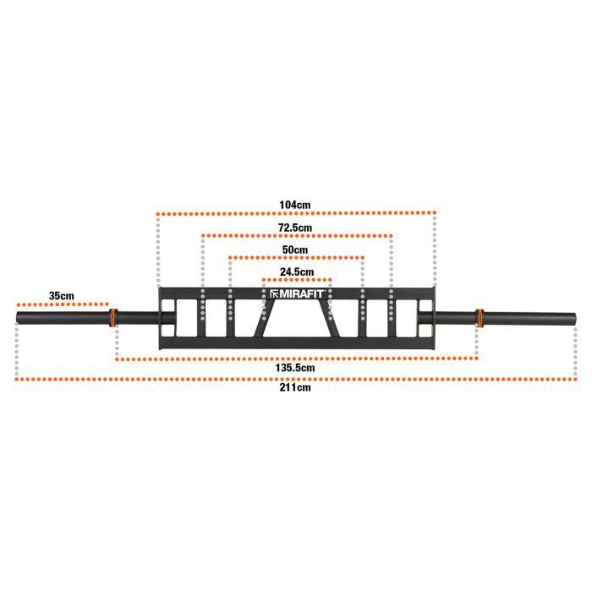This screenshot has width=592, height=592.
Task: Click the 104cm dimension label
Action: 295,205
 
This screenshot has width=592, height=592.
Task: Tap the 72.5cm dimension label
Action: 295,227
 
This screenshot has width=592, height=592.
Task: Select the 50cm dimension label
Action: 295,249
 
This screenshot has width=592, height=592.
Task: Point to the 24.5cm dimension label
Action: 297,271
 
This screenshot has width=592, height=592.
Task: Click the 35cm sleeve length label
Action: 62,296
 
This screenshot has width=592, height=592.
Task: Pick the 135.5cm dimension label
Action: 295,368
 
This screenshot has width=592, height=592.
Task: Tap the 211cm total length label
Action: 295,387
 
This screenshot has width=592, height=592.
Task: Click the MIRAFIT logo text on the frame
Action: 301,293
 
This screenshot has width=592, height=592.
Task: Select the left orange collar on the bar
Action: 112,317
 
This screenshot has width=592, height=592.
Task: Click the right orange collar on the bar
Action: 480,317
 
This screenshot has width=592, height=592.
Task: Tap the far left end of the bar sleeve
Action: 17,318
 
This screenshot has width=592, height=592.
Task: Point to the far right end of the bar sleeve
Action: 575,318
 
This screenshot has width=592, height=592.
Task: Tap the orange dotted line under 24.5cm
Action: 297,280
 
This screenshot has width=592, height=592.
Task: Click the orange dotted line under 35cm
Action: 63,304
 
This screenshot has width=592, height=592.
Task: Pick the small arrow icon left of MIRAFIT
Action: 275,293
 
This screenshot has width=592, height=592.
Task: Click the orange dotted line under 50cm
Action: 296,257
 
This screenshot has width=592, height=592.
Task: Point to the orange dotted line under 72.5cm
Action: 297,236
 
